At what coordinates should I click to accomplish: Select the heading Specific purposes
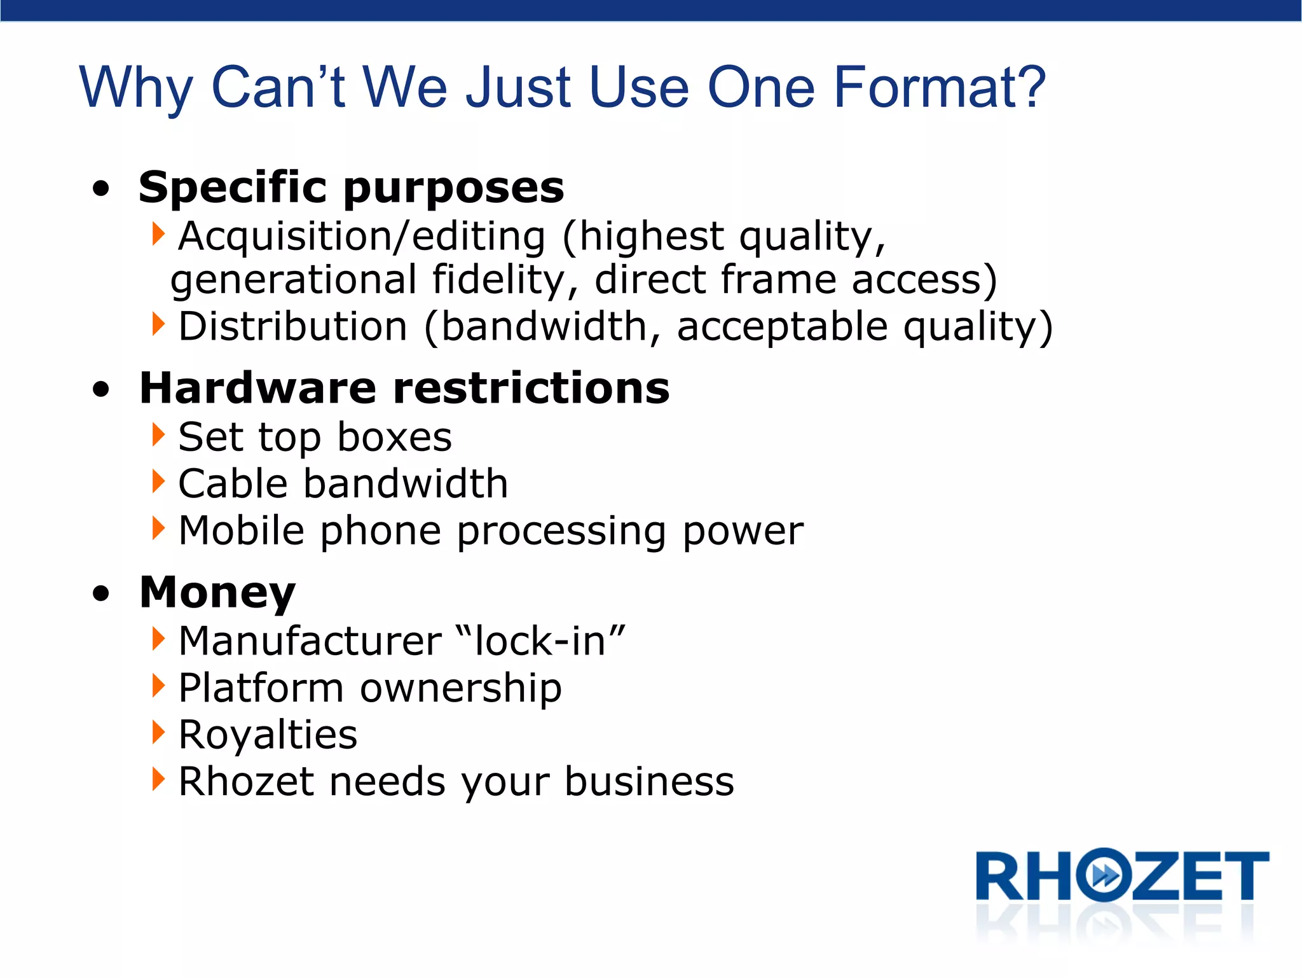pyautogui.click(x=351, y=188)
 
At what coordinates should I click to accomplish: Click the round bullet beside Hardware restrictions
pyautogui.click(x=101, y=389)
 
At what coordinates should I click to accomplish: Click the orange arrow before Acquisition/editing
pyautogui.click(x=158, y=234)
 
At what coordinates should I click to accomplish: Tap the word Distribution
pyautogui.click(x=292, y=327)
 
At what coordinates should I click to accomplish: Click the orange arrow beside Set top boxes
pyautogui.click(x=158, y=435)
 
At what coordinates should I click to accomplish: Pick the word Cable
pyautogui.click(x=233, y=484)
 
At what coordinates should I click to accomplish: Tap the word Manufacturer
pyautogui.click(x=310, y=641)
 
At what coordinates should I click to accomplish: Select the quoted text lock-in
pyautogui.click(x=540, y=641)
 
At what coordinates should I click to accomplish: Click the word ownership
pyautogui.click(x=461, y=688)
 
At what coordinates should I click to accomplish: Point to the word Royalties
pyautogui.click(x=268, y=735)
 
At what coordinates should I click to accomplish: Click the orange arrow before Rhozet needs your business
pyautogui.click(x=158, y=779)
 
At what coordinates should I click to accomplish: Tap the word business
pyautogui.click(x=649, y=782)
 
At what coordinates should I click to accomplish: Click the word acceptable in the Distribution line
pyautogui.click(x=782, y=327)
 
